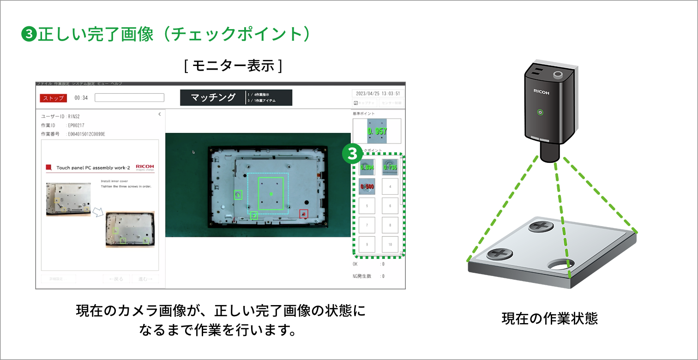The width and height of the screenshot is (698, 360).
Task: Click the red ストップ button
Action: click(53, 98)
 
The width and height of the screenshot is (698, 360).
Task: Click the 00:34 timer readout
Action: click(81, 98)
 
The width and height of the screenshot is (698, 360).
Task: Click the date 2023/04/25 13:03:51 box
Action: click(378, 93)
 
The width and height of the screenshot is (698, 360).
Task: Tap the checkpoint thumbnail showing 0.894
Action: click(367, 167)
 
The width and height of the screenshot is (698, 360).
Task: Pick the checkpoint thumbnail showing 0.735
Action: click(390, 167)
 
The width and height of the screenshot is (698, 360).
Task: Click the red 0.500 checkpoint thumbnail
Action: click(367, 186)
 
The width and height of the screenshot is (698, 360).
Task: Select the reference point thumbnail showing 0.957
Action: click(377, 131)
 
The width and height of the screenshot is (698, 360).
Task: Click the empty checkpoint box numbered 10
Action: click(390, 244)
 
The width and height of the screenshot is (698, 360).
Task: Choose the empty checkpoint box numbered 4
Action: click(390, 186)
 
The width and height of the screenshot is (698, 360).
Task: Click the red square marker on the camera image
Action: click(303, 214)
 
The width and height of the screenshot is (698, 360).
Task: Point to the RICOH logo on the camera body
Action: click(542, 92)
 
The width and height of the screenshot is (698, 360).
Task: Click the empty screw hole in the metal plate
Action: click(561, 264)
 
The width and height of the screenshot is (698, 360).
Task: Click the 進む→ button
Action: click(145, 279)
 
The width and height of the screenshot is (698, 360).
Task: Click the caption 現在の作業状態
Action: click(549, 318)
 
